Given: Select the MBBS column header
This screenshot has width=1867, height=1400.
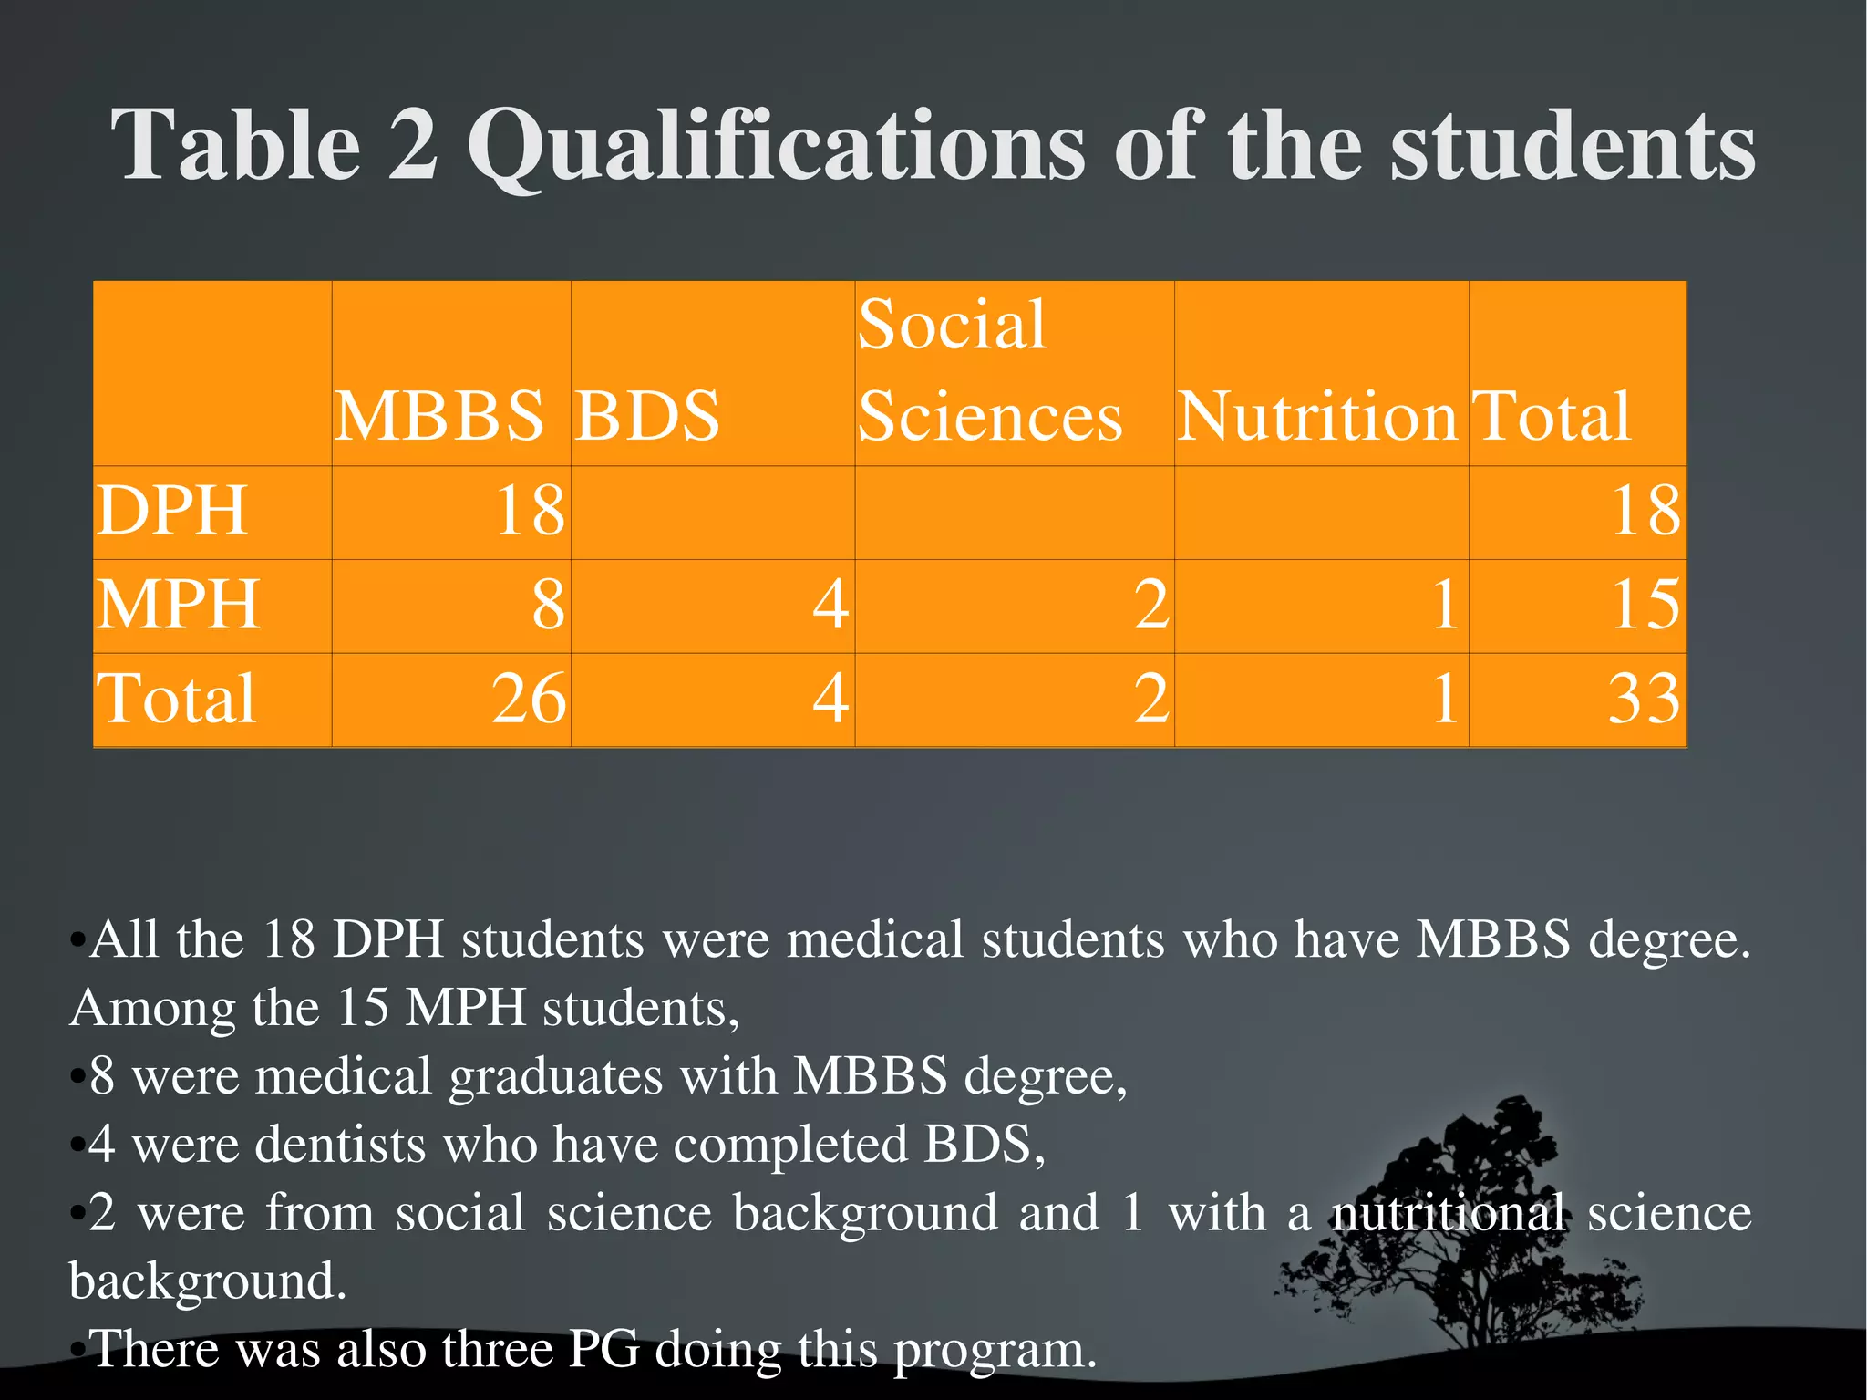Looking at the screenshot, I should coord(439,416).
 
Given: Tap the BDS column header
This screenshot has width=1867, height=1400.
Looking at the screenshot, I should coord(647,416).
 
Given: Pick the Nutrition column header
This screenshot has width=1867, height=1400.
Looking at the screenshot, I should coord(1317,416).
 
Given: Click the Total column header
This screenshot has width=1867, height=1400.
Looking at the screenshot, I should coord(1551,416).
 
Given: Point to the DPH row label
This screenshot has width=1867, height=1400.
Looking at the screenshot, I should coord(172,511).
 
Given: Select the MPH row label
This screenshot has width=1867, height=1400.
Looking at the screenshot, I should coord(179,605).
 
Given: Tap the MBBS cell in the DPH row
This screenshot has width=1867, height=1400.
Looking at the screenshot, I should coord(530,511).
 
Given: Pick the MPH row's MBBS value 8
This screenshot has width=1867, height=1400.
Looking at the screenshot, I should coord(548,605).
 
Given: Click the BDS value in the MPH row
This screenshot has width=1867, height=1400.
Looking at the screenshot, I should coord(830,605).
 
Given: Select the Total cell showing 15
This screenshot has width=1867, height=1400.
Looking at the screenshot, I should coord(1645,605).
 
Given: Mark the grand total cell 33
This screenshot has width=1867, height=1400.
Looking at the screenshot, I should coord(1644,699).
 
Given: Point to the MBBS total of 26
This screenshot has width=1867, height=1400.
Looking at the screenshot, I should coord(529,699).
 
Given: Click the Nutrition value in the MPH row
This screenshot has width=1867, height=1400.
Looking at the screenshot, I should coord(1445,605).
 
